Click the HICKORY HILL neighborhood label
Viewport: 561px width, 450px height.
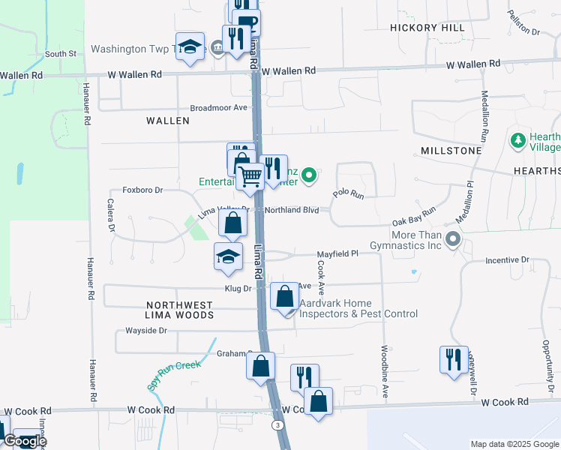427,28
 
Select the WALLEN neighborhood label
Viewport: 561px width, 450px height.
168,120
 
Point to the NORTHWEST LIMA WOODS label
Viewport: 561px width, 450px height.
179,310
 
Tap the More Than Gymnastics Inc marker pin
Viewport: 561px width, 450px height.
453,239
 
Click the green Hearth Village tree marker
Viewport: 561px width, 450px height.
517,140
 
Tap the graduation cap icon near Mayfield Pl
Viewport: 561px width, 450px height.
228,256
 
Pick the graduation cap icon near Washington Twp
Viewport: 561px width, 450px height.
190,46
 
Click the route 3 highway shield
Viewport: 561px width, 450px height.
277,425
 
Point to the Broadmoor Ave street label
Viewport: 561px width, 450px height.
218,107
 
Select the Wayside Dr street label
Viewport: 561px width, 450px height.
145,330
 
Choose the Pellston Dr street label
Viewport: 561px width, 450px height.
523,23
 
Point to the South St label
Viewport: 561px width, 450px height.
61,54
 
